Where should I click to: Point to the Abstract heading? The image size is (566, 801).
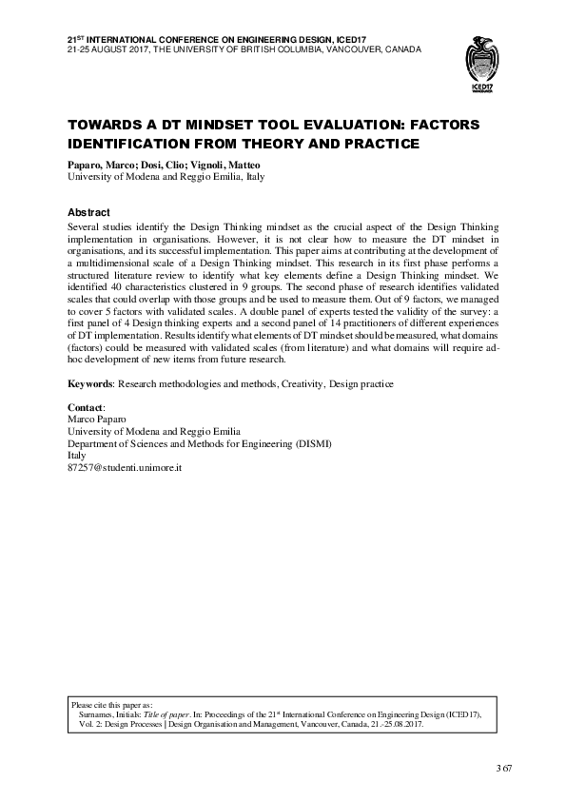88,212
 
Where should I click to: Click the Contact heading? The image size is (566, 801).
88,407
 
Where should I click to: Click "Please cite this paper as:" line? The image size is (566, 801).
119,705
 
